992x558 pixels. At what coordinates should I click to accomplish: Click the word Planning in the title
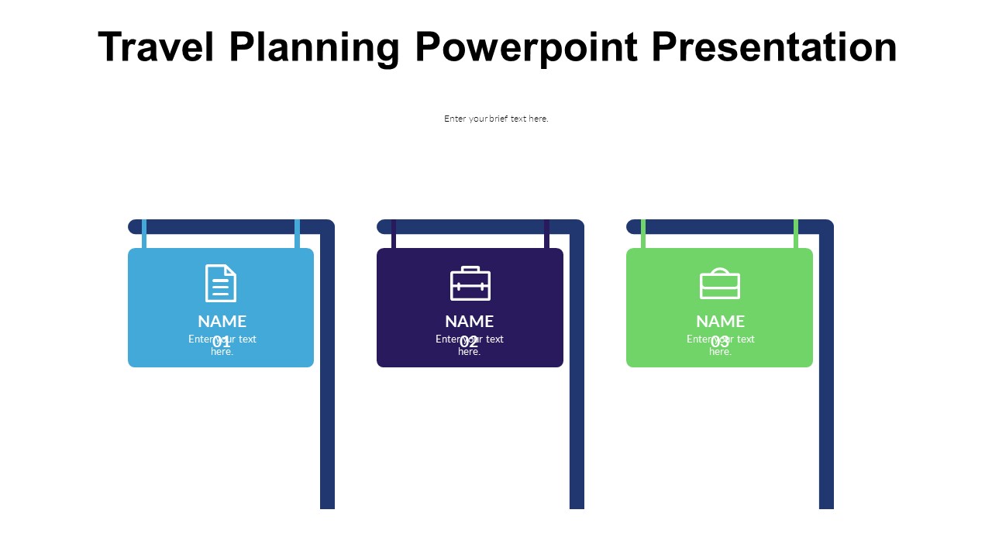[315, 47]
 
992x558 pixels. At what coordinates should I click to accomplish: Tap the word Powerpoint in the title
[526, 47]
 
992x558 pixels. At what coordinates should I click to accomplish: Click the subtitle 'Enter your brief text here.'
[496, 119]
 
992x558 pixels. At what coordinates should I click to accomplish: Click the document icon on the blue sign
[221, 283]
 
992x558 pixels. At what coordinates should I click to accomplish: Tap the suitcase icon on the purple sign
[470, 284]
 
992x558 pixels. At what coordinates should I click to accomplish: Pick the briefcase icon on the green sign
[720, 284]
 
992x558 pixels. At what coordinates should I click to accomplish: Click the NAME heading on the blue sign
[222, 321]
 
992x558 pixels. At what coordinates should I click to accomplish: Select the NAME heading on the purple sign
[470, 321]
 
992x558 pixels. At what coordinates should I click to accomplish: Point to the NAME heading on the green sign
[720, 321]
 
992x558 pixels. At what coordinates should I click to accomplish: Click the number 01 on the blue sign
[222, 343]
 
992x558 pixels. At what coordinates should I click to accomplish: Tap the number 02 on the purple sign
[470, 343]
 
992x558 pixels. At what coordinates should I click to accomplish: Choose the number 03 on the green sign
[720, 343]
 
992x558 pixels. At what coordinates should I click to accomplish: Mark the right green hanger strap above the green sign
[796, 237]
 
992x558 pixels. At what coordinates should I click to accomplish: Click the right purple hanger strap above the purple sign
[546, 237]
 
